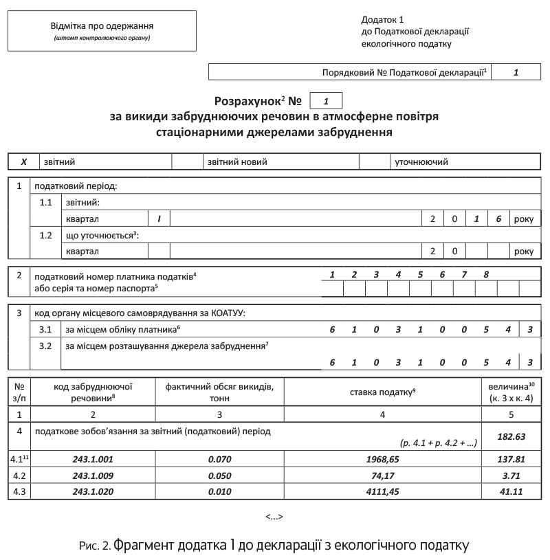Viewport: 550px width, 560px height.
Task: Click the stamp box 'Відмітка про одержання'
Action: point(102,32)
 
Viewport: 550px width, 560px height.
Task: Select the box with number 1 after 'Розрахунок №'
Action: point(327,101)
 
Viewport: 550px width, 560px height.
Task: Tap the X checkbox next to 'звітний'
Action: point(24,162)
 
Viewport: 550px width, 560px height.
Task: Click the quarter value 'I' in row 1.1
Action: point(159,219)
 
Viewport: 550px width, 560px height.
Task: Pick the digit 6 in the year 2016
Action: point(498,219)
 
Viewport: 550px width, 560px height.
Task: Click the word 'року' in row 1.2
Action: point(523,251)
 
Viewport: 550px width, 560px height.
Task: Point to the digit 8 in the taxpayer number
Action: point(485,275)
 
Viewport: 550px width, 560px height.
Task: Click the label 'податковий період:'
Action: point(76,186)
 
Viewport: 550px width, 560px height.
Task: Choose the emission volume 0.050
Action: point(219,474)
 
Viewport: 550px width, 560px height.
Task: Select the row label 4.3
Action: point(19,491)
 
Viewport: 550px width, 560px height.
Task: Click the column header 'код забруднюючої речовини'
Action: point(93,392)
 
